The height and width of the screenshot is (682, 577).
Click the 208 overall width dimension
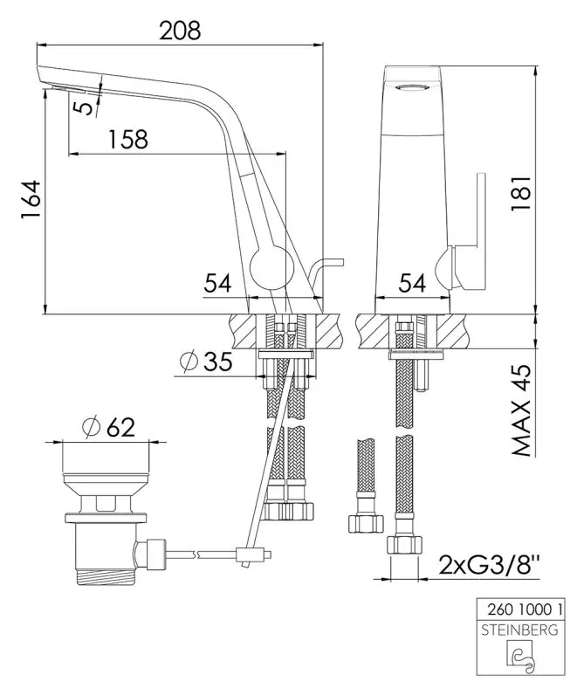[x=180, y=31]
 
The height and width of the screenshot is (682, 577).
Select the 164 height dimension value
[x=31, y=200]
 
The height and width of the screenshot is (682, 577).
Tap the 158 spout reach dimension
[x=127, y=139]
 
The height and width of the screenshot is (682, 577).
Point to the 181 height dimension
[x=521, y=194]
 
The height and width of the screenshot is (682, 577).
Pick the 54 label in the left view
[x=218, y=283]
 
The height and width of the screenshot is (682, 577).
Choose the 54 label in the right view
[x=412, y=284]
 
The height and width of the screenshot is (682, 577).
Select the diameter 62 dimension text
[x=109, y=428]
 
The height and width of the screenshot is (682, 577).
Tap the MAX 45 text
[x=521, y=410]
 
